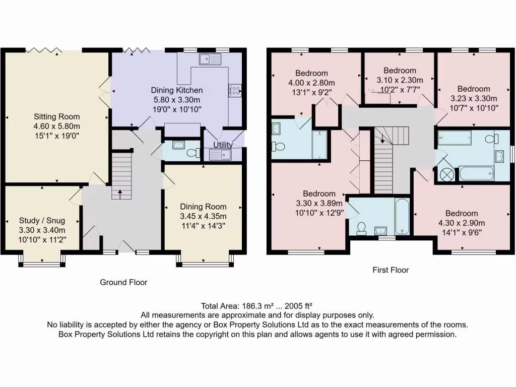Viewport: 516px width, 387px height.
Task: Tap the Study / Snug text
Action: click(x=41, y=220)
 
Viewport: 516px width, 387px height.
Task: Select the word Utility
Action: click(x=223, y=145)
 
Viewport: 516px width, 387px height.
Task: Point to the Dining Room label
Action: click(x=203, y=207)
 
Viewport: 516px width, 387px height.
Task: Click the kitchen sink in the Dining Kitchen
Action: click(x=210, y=59)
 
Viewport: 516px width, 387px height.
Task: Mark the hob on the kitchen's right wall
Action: click(x=235, y=90)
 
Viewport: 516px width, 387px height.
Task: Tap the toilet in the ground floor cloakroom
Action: click(x=191, y=153)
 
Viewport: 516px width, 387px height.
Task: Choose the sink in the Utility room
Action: click(x=220, y=154)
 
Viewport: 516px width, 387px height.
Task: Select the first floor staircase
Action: click(x=384, y=166)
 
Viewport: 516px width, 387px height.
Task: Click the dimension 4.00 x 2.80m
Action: click(x=311, y=83)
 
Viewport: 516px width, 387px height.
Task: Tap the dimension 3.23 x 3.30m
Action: click(x=473, y=98)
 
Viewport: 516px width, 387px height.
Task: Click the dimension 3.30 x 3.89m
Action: click(x=319, y=204)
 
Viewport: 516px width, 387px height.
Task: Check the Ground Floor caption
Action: click(x=123, y=282)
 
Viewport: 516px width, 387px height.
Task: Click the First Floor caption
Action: click(x=391, y=270)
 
